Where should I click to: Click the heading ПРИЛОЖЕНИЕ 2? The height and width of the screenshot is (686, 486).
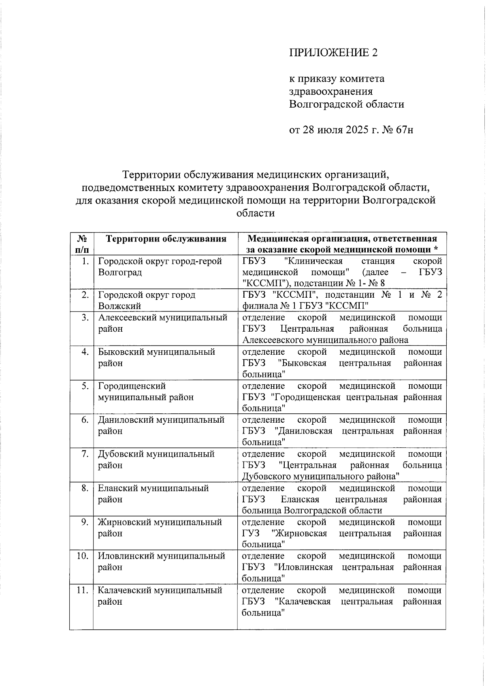pos(333,53)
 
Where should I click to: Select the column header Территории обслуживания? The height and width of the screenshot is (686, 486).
pos(166,239)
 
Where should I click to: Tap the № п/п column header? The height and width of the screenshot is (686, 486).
pos(81,244)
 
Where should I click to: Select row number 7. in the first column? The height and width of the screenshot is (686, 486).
pos(85,454)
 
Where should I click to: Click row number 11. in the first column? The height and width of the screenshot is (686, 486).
pos(83,591)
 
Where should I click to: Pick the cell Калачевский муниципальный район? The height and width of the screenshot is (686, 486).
pos(160,596)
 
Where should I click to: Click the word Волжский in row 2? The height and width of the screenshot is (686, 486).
pos(119,306)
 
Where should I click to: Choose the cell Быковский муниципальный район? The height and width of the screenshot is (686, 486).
pos(156,358)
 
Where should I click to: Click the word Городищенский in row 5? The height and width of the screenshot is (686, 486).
pos(132,386)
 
